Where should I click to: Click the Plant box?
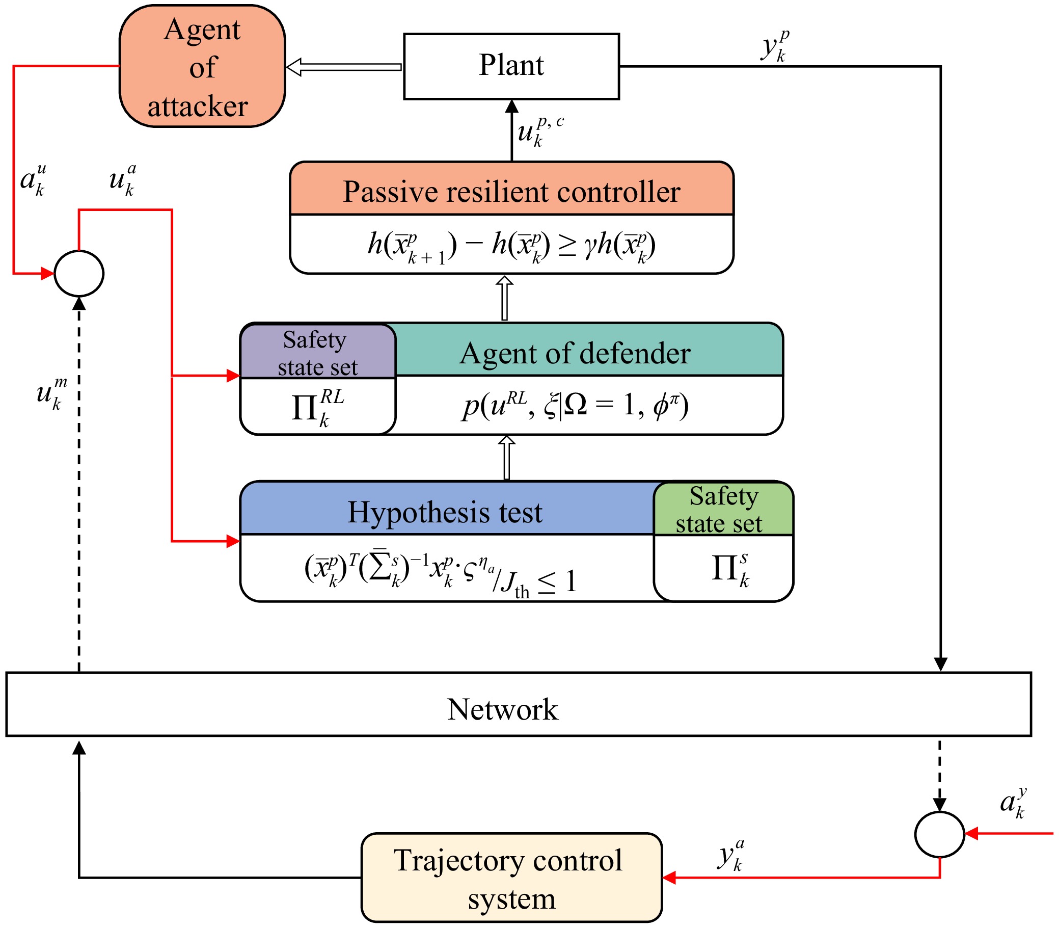pyautogui.click(x=511, y=66)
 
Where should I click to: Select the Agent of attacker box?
pyautogui.click(x=202, y=66)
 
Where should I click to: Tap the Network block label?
pyautogui.click(x=503, y=709)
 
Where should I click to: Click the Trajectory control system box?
pyautogui.click(x=511, y=878)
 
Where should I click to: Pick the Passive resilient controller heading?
pyautogui.click(x=511, y=192)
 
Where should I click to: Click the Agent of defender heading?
pyautogui.click(x=575, y=354)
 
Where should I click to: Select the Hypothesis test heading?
pyautogui.click(x=445, y=513)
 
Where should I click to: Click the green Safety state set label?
pyautogui.click(x=723, y=510)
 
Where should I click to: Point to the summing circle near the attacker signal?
pyautogui.click(x=79, y=273)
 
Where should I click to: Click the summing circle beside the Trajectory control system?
pyautogui.click(x=940, y=834)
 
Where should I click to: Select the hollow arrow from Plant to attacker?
pyautogui.click(x=343, y=67)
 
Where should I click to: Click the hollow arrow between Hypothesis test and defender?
pyautogui.click(x=507, y=458)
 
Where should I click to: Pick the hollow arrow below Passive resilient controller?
pyautogui.click(x=505, y=298)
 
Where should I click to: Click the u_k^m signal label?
pyautogui.click(x=52, y=393)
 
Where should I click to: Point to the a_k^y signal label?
pyautogui.click(x=1013, y=803)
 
